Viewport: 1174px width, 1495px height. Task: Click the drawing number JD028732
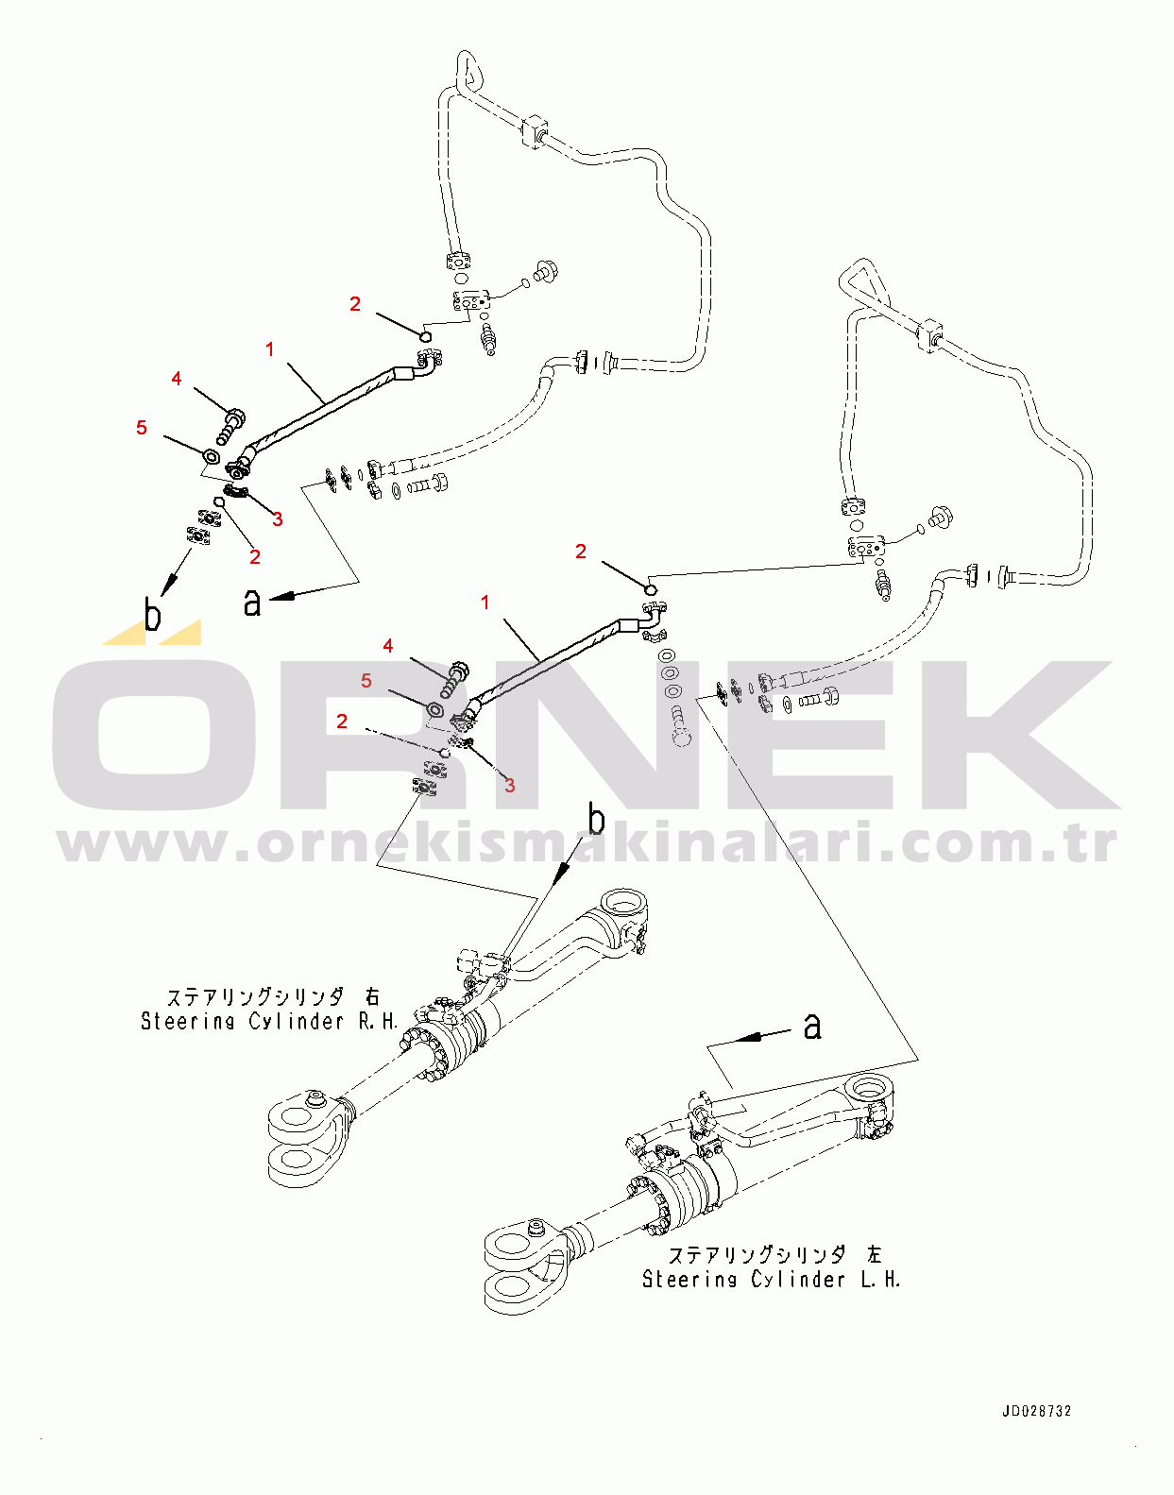point(1036,1411)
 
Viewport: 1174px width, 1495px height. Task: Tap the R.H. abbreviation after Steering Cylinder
point(378,1022)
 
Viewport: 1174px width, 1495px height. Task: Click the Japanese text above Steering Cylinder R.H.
point(273,997)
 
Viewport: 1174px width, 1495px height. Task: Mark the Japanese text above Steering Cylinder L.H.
point(774,1255)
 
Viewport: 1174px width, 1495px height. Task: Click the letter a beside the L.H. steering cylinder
point(812,1026)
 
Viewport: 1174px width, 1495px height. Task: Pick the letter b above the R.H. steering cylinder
point(596,819)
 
